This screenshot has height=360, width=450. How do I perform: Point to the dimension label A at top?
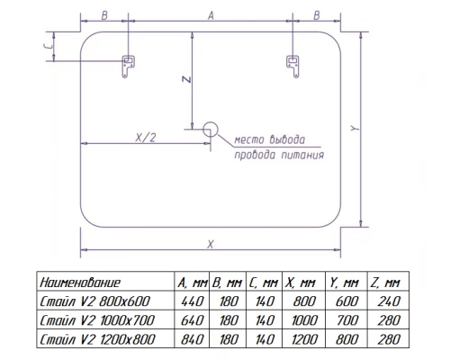coord(210,15)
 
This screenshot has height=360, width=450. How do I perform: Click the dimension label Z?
coord(184,80)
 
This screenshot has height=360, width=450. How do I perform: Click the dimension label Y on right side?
coord(355,129)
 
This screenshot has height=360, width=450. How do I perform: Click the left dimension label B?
coord(104,15)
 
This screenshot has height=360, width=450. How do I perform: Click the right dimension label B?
coord(317,15)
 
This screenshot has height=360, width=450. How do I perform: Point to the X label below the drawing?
coord(210,244)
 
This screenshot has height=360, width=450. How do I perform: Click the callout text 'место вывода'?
coord(268,139)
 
